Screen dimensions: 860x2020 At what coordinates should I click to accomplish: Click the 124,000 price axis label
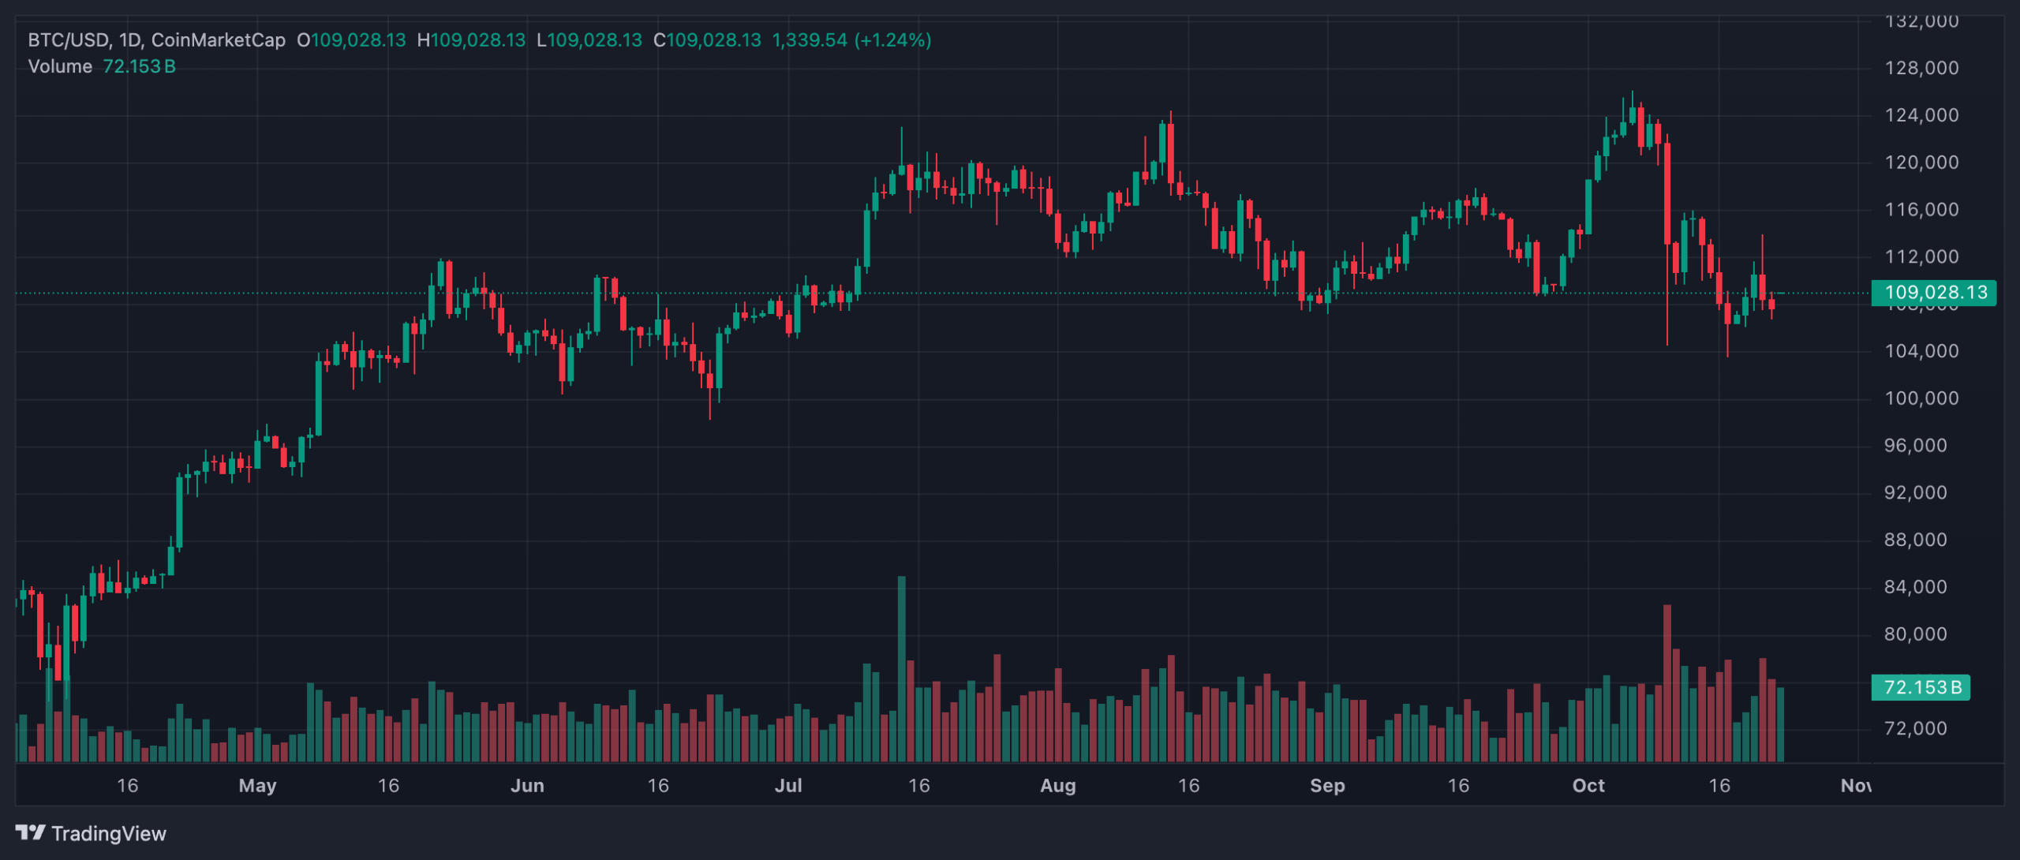(1921, 115)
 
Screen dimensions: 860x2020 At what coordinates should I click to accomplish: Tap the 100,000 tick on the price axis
(1921, 398)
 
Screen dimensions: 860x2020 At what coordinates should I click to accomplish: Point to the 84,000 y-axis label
(1921, 587)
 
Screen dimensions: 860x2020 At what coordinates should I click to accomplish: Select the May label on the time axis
(257, 786)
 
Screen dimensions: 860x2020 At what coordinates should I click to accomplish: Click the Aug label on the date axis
(1057, 786)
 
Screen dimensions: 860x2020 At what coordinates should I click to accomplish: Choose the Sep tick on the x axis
(1327, 786)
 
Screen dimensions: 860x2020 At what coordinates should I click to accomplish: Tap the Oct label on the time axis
(1588, 786)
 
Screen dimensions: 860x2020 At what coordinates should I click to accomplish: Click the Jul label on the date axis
(788, 786)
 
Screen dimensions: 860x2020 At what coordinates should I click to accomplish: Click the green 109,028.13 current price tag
(1935, 293)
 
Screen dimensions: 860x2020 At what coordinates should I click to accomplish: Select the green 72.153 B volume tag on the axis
(1921, 687)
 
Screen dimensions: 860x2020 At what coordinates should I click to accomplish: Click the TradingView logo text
(108, 834)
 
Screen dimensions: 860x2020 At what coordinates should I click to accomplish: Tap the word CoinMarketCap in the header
(218, 40)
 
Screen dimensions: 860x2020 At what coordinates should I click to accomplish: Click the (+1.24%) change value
(893, 40)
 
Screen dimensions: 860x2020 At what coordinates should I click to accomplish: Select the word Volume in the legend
(60, 67)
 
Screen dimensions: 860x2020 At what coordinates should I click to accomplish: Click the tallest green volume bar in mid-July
(901, 671)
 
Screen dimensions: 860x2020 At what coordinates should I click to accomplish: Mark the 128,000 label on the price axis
(1921, 68)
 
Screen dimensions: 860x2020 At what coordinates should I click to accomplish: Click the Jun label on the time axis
(527, 786)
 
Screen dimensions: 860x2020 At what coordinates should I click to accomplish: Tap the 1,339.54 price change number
(809, 40)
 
